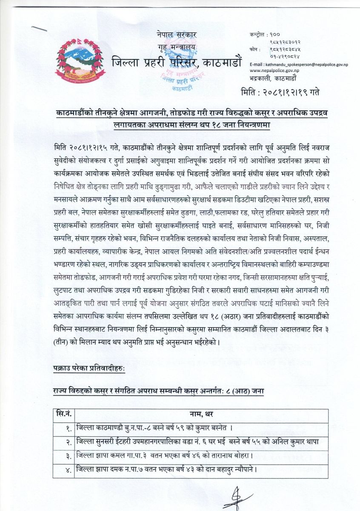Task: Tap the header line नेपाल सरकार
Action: point(170,35)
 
